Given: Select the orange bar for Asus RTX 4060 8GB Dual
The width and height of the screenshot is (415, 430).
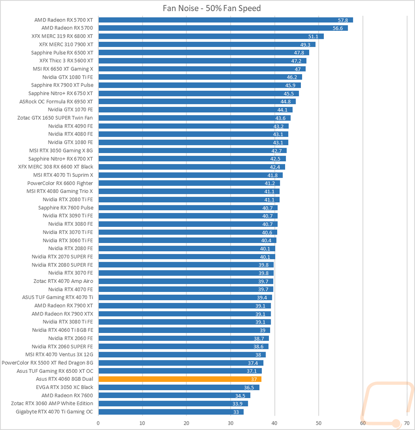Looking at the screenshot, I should [180, 379].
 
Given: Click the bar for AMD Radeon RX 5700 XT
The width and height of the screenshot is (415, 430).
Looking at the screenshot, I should [225, 20].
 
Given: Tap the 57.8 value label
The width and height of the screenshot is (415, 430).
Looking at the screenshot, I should [343, 20].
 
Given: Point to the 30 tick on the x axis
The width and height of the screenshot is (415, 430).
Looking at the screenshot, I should [230, 423].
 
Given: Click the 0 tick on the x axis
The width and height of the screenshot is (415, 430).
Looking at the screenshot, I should [98, 423].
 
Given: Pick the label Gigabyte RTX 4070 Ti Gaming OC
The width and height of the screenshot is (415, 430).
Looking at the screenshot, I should [54, 412].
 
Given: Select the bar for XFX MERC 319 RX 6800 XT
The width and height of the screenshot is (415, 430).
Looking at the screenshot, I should [211, 36].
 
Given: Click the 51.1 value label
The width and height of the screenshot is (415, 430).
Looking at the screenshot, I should [313, 36].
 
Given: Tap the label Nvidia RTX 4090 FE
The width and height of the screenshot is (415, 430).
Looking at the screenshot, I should [71, 126].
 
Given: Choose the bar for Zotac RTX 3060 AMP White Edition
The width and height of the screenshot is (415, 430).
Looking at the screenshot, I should [173, 403].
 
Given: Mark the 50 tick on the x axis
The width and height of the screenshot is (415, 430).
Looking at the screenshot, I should [318, 423].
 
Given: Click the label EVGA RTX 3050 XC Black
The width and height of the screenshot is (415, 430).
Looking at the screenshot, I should [64, 387].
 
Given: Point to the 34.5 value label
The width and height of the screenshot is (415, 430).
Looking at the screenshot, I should [241, 396].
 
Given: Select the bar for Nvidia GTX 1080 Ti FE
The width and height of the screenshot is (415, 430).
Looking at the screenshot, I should [200, 77].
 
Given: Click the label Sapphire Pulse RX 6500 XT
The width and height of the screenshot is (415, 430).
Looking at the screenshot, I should [62, 53].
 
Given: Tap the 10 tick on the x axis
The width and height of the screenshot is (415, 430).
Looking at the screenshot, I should [142, 423].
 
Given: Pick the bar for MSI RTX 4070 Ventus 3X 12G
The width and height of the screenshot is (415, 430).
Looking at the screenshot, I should [182, 355].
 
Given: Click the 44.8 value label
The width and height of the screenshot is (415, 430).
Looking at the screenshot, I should [286, 102].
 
